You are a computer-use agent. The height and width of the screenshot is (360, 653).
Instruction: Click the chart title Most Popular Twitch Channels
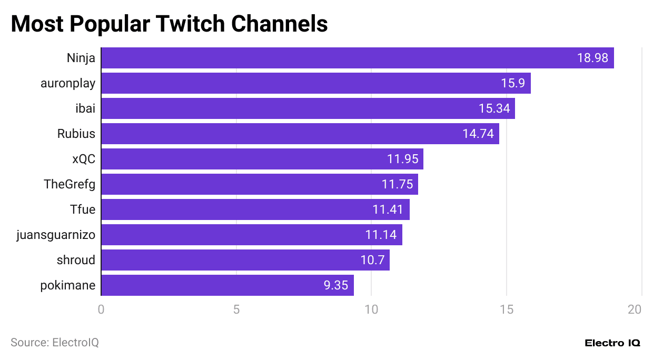point(169,24)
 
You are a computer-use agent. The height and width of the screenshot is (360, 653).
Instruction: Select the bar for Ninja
point(357,58)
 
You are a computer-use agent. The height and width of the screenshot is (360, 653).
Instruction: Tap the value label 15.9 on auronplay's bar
point(512,83)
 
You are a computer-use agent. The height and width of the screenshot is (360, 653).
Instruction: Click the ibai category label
point(85,108)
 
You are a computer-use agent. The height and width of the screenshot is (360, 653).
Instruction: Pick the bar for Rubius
point(300,134)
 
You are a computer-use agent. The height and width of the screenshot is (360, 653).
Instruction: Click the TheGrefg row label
point(70,184)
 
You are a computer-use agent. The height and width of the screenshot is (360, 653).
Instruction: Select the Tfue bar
point(255,209)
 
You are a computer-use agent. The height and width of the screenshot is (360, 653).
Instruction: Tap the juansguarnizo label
point(56,235)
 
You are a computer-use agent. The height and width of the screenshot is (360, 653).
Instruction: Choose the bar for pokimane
point(227,285)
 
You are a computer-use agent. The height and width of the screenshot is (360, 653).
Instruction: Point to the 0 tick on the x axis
point(101,309)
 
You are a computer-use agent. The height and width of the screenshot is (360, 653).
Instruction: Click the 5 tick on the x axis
point(236,309)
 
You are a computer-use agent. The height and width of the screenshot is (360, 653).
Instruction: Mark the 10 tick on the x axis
point(371,309)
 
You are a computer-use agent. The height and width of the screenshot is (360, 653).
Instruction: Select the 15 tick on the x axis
point(507,309)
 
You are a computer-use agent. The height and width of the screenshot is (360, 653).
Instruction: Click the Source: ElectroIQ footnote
point(55,343)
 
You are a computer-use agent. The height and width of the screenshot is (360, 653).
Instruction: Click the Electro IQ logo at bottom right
point(612,343)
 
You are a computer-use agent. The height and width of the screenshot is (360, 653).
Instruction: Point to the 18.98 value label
point(592,58)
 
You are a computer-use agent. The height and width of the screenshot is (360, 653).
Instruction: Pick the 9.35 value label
point(335,285)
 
